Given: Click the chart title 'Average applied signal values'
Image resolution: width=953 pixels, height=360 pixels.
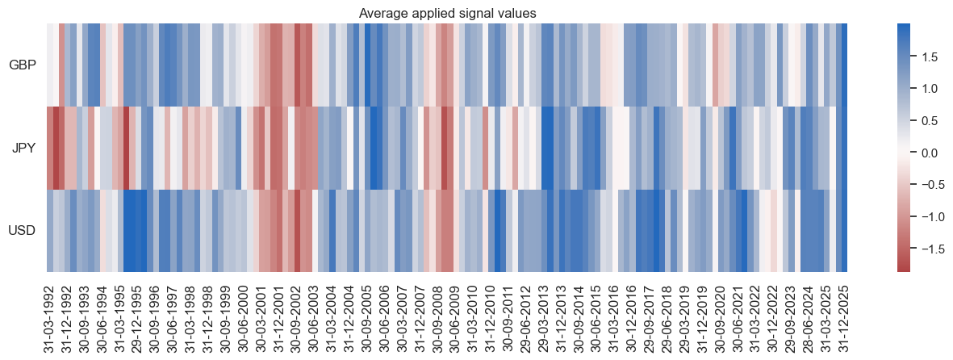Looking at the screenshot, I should tap(446, 10).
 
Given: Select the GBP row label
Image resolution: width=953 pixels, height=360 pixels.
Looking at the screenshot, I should tap(22, 65).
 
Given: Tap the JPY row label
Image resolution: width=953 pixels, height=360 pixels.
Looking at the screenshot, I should tap(23, 149).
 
